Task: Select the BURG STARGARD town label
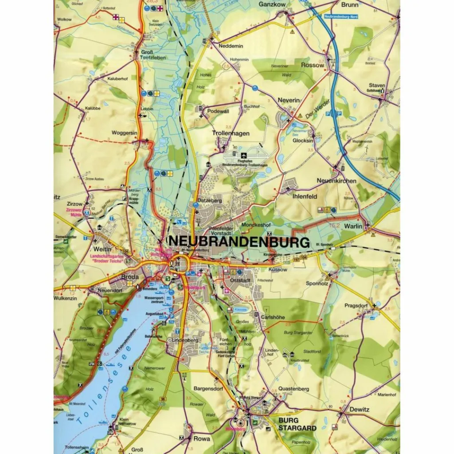pos(297,424)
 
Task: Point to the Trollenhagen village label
pos(231,133)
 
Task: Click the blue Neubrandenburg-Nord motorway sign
pos(340,16)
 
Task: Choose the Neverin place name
pos(289,101)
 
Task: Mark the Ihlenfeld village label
pos(305,196)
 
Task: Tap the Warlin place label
pos(353,226)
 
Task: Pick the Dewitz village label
pos(359,409)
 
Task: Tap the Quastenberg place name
pos(294,389)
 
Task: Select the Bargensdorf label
pos(207,388)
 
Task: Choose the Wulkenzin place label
pos(65,298)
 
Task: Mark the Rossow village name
pos(313,65)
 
